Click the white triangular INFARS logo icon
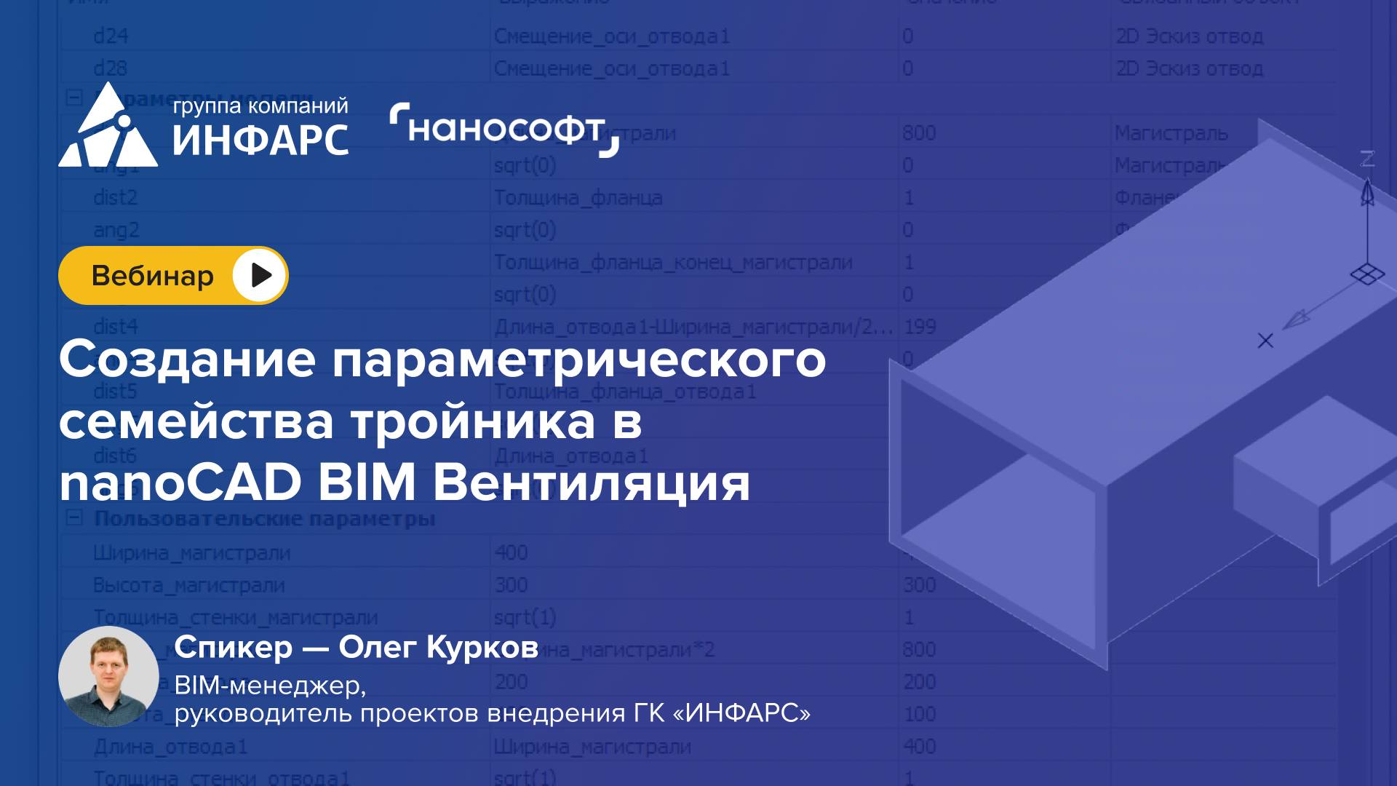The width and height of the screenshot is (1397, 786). pyautogui.click(x=108, y=130)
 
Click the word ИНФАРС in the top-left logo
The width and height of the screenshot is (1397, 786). pyautogui.click(x=260, y=140)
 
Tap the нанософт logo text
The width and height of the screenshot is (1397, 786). pyautogui.click(x=505, y=130)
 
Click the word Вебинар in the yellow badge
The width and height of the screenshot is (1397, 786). pyautogui.click(x=153, y=276)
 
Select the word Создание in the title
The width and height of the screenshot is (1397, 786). pyautogui.click(x=188, y=360)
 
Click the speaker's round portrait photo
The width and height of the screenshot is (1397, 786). pyautogui.click(x=108, y=676)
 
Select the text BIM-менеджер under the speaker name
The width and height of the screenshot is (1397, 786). pyautogui.click(x=270, y=685)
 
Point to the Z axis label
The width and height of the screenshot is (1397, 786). pyautogui.click(x=1368, y=159)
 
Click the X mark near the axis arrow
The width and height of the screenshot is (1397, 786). pyautogui.click(x=1265, y=341)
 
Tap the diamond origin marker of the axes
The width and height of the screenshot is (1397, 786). pyautogui.click(x=1367, y=275)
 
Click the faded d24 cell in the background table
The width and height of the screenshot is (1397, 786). pyautogui.click(x=111, y=36)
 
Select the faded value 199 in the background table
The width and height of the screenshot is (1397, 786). pyautogui.click(x=920, y=327)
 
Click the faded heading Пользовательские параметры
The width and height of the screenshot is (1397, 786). pyautogui.click(x=265, y=519)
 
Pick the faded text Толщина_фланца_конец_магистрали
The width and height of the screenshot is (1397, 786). pyautogui.click(x=673, y=262)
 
